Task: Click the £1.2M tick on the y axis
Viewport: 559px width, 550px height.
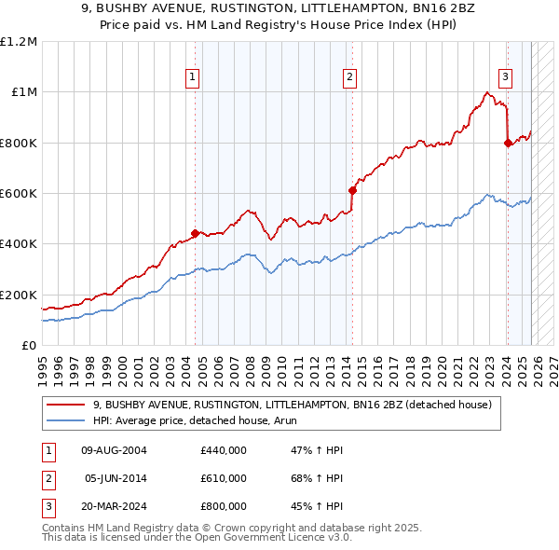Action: click(20, 41)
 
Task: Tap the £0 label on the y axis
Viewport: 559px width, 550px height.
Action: click(30, 345)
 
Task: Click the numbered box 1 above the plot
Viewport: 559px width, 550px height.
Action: click(192, 77)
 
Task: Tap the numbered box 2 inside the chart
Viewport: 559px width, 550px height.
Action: click(349, 77)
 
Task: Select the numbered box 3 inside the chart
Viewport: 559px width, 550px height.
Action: click(504, 77)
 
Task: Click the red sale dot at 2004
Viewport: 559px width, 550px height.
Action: click(195, 233)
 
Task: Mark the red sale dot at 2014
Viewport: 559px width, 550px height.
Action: click(352, 190)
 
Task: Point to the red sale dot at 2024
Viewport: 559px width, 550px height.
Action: click(507, 143)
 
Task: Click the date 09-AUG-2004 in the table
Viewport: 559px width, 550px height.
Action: click(115, 450)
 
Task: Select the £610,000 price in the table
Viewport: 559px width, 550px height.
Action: click(224, 478)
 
